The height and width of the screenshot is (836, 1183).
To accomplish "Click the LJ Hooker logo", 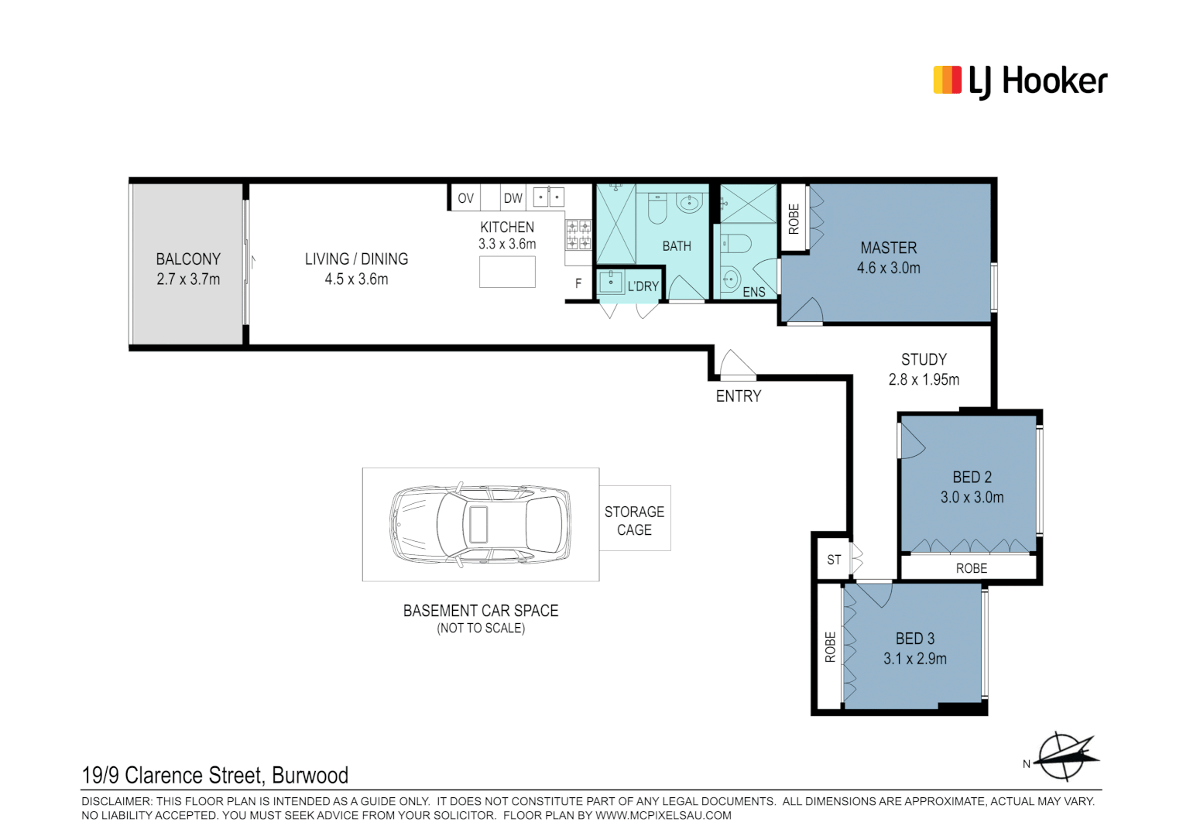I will point(1020,81).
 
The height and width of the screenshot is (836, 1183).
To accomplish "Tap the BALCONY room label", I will point(188,259).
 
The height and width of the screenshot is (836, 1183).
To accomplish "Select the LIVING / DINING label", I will point(356,259).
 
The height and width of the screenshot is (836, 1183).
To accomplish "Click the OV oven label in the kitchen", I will point(465,198).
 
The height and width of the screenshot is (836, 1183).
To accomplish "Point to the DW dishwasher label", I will point(513,198).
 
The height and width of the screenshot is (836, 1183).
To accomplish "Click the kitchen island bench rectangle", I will point(507,272).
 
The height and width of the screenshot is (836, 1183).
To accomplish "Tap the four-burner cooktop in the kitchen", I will point(578,235).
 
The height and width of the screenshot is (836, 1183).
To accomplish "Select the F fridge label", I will point(578,284).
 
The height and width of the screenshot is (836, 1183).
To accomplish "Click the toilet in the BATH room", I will point(657,207).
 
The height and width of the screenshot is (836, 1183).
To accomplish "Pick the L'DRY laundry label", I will point(643,286).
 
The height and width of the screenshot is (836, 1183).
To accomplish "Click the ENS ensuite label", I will point(753,292).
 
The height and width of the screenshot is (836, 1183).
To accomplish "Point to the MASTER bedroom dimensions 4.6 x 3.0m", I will point(888,269).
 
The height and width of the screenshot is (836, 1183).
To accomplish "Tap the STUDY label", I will point(924,360).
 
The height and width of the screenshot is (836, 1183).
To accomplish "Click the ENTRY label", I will point(738,396).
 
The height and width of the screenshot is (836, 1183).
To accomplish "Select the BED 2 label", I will point(972,478).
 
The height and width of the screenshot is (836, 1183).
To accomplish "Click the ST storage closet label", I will point(834,560).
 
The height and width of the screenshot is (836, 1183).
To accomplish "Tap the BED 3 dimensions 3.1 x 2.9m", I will point(914,659).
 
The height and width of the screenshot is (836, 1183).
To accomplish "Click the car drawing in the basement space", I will point(480,524).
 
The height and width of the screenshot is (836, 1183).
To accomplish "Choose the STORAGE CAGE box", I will point(635,520).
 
